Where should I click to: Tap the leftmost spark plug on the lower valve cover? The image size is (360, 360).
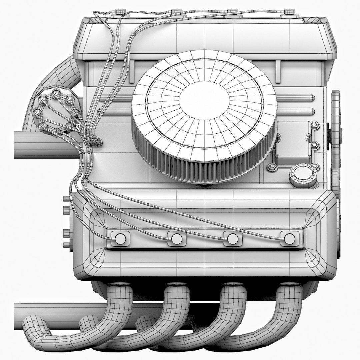tap(120, 238)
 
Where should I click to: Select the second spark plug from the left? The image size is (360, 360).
tap(177, 239)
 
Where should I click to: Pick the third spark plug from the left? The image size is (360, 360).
tap(233, 239)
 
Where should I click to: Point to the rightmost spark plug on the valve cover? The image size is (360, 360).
tap(289, 238)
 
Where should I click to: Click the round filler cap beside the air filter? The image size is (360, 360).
tap(302, 175)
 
